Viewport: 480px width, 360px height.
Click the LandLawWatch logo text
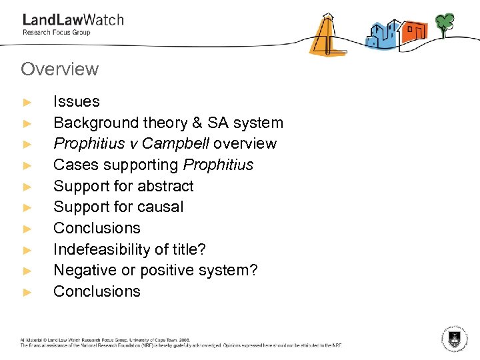pos(73,19)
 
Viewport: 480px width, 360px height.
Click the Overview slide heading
pos(59,69)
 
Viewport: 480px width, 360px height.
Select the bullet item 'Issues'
pos(76,102)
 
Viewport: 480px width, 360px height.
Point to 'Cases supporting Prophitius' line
pos(153,165)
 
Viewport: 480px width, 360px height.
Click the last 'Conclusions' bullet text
pos(97,291)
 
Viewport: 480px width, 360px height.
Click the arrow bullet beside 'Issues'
pos(27,103)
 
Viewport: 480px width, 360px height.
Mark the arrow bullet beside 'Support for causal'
pos(27,207)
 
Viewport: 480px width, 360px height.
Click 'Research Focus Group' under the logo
pos(56,32)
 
